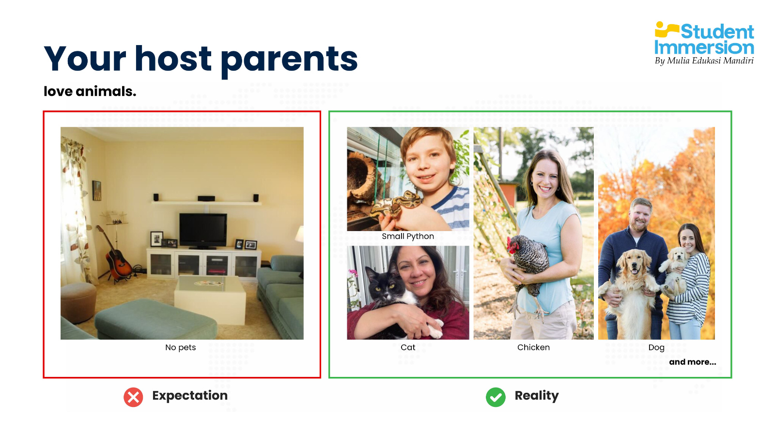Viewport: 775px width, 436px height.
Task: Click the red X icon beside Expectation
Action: point(133,397)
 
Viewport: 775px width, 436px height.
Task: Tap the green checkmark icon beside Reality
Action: point(496,397)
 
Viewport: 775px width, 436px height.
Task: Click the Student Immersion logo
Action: point(704,43)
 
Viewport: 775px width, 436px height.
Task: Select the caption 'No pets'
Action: point(180,347)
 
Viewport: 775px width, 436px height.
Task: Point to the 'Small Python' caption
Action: point(407,236)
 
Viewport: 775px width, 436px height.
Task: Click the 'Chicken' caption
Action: point(533,347)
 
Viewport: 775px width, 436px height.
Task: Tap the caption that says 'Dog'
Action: point(656,348)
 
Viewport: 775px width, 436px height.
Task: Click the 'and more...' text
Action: point(692,362)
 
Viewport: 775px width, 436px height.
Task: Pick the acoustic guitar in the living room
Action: point(116,254)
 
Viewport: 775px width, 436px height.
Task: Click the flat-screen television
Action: point(203,231)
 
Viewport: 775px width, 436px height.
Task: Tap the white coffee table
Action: point(210,298)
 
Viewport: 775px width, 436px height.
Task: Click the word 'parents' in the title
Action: point(289,60)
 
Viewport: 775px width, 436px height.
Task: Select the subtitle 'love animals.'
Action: point(90,92)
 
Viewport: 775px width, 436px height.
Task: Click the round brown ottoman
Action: point(78,302)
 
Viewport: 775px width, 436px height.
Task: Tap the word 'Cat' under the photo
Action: point(407,347)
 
